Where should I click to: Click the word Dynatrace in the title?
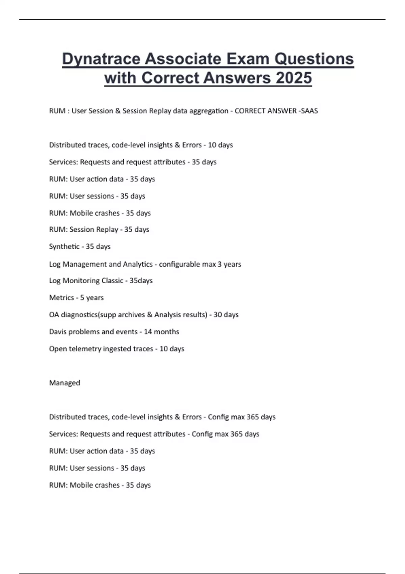coord(101,59)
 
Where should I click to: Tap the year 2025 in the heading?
coord(293,78)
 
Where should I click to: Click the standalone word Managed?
coord(64,383)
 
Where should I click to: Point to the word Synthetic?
coord(64,246)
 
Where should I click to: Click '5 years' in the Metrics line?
coord(92,297)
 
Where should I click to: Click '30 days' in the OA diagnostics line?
coord(226,315)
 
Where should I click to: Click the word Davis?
coord(58,332)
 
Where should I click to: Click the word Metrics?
coord(61,297)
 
